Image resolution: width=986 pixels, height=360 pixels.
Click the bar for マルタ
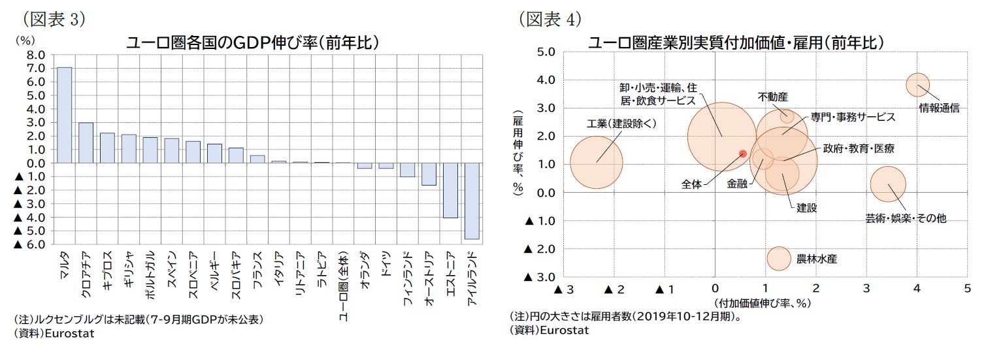(65, 115)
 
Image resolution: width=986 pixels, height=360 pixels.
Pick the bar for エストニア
(450, 190)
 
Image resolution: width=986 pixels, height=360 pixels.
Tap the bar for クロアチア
(86, 142)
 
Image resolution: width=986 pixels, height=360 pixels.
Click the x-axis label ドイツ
(386, 262)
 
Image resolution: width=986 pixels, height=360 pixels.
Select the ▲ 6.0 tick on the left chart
(30, 244)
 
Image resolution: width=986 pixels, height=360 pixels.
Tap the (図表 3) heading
(50, 19)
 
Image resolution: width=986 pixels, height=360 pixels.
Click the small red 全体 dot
(742, 154)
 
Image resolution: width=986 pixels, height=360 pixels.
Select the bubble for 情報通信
(917, 84)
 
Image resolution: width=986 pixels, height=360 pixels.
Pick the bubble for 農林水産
(778, 258)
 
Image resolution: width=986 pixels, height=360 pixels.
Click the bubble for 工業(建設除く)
(596, 162)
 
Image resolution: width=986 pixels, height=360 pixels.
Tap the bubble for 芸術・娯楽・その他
(887, 184)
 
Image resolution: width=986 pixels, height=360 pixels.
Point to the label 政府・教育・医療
(859, 149)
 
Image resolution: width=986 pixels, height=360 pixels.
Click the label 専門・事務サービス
(853, 117)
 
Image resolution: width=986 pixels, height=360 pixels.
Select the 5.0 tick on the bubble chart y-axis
(545, 52)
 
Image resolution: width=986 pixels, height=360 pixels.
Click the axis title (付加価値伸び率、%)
(761, 303)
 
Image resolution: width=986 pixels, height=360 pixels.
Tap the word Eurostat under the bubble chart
(566, 331)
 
